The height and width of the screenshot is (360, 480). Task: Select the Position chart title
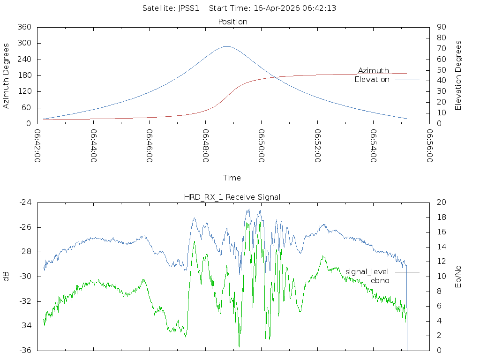tap(233, 22)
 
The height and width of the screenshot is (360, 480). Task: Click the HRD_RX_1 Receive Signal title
tap(232, 197)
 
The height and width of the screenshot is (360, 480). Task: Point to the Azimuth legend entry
tap(374, 70)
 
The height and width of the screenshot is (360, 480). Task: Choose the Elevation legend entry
tap(372, 80)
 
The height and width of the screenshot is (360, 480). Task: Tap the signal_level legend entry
tap(367, 271)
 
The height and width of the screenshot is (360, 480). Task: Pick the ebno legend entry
tap(380, 280)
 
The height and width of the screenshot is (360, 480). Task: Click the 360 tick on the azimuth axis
tap(24, 27)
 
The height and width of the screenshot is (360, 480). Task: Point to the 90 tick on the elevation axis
tap(441, 27)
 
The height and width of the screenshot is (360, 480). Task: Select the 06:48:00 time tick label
tap(206, 146)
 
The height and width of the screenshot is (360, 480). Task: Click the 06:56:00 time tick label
tap(430, 146)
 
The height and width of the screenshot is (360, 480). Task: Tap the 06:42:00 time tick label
tap(37, 146)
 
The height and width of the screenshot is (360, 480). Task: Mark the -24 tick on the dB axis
tap(25, 202)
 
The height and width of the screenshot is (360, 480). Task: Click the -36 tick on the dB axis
tap(25, 350)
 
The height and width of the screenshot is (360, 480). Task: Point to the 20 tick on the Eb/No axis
tap(441, 202)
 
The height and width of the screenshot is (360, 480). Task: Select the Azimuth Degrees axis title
tap(7, 75)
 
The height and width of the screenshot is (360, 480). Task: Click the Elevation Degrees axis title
tap(458, 75)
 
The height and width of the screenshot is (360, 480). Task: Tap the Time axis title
tap(232, 178)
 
